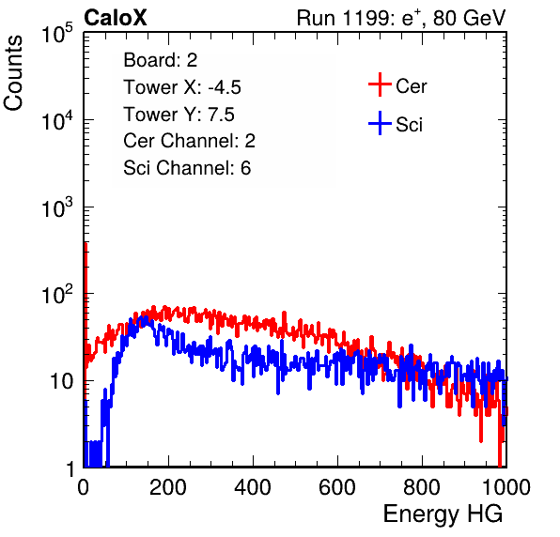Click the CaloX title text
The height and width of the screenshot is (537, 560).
116,18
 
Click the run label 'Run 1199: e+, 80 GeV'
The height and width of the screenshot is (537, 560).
401,18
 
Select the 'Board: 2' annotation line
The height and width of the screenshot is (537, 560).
161,60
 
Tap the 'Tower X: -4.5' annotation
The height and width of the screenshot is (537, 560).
182,87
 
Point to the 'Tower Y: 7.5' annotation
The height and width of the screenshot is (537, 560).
179,115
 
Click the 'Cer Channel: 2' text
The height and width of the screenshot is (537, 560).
189,141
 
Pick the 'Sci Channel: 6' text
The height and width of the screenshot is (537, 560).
187,168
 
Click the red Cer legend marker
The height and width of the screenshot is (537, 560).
380,84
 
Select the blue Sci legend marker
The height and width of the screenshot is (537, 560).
380,123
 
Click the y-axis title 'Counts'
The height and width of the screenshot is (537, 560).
13,72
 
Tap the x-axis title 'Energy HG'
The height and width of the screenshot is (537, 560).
443,514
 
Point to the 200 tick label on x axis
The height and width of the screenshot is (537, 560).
168,487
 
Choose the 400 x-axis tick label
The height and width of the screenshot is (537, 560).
253,487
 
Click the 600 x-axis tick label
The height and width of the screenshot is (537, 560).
337,487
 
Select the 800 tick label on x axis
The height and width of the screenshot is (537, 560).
422,487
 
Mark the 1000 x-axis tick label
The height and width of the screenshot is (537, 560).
506,487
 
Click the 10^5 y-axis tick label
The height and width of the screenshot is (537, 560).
57,33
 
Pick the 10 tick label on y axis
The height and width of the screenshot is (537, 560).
61,381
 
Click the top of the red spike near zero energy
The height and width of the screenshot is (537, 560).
86,244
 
